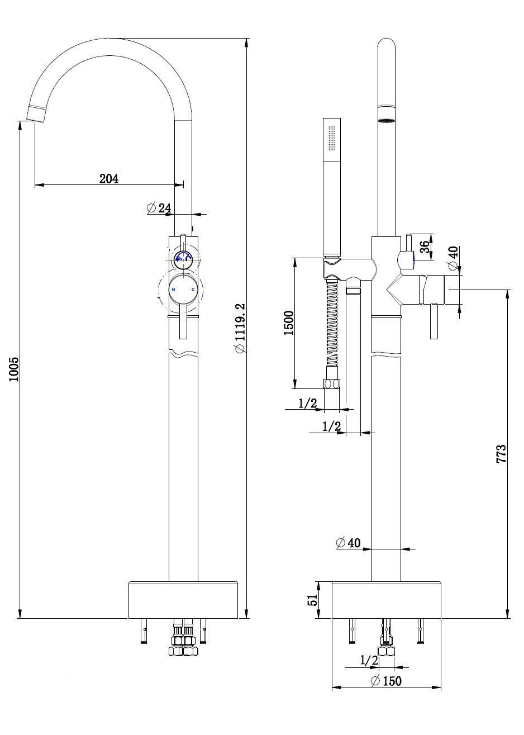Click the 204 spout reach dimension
tap(109, 178)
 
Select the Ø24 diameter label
tap(159, 208)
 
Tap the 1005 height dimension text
tap(13, 369)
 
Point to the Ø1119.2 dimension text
tap(240, 328)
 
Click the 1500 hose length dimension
tap(288, 323)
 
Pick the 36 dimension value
tap(425, 246)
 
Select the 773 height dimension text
tap(501, 453)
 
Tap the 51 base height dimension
tap(313, 600)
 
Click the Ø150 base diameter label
tap(386, 680)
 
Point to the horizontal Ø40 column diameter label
tap(347, 542)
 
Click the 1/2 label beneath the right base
tap(369, 661)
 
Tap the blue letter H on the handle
tap(173, 290)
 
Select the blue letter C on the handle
tap(193, 290)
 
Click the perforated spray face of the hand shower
tap(332, 137)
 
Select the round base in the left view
tap(183, 600)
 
